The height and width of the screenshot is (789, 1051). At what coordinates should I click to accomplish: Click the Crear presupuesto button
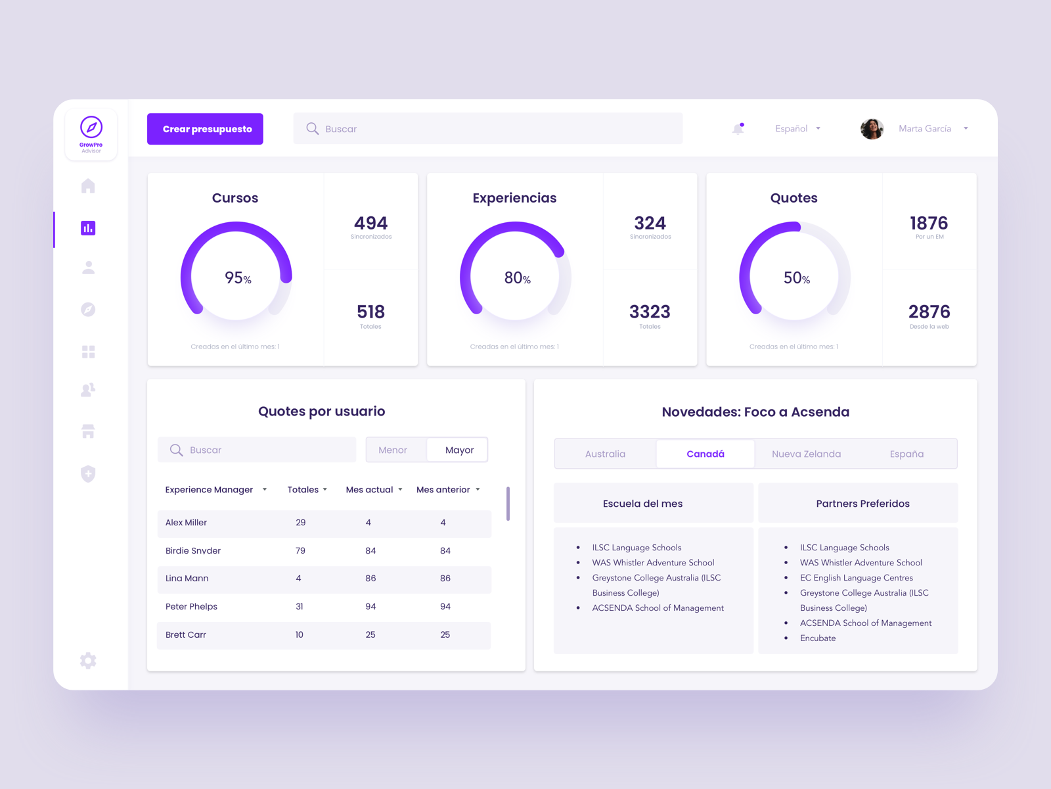(x=205, y=129)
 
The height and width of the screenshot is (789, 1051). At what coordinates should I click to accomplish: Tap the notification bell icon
(x=738, y=129)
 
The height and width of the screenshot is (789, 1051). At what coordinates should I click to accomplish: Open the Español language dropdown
(x=797, y=129)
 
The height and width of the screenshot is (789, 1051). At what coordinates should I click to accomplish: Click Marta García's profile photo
(x=872, y=129)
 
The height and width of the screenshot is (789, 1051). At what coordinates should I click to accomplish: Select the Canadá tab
(x=705, y=454)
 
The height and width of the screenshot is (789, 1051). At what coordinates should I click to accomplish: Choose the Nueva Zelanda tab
(x=806, y=454)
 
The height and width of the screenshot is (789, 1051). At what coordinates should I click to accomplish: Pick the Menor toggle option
(x=393, y=450)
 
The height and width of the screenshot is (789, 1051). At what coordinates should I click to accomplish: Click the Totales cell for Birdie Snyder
(x=300, y=551)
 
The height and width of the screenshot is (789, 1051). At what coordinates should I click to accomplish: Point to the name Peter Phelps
(x=191, y=607)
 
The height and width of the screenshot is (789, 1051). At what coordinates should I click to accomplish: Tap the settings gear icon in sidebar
(x=88, y=661)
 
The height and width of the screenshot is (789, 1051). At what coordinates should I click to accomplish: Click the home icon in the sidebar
(x=88, y=186)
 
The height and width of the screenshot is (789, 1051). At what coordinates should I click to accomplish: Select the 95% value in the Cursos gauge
(x=237, y=278)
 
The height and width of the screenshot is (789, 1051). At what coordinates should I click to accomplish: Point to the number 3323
(x=650, y=312)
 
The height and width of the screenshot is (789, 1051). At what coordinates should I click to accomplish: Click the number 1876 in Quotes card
(x=928, y=224)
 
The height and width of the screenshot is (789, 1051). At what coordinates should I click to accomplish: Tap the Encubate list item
(x=818, y=638)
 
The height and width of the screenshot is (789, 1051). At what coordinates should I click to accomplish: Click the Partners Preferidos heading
(x=862, y=504)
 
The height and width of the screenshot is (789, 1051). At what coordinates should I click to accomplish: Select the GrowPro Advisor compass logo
(x=91, y=128)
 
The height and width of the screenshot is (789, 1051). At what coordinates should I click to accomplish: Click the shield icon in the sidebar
(x=88, y=473)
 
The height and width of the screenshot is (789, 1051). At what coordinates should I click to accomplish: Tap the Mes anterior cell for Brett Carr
(x=445, y=635)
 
